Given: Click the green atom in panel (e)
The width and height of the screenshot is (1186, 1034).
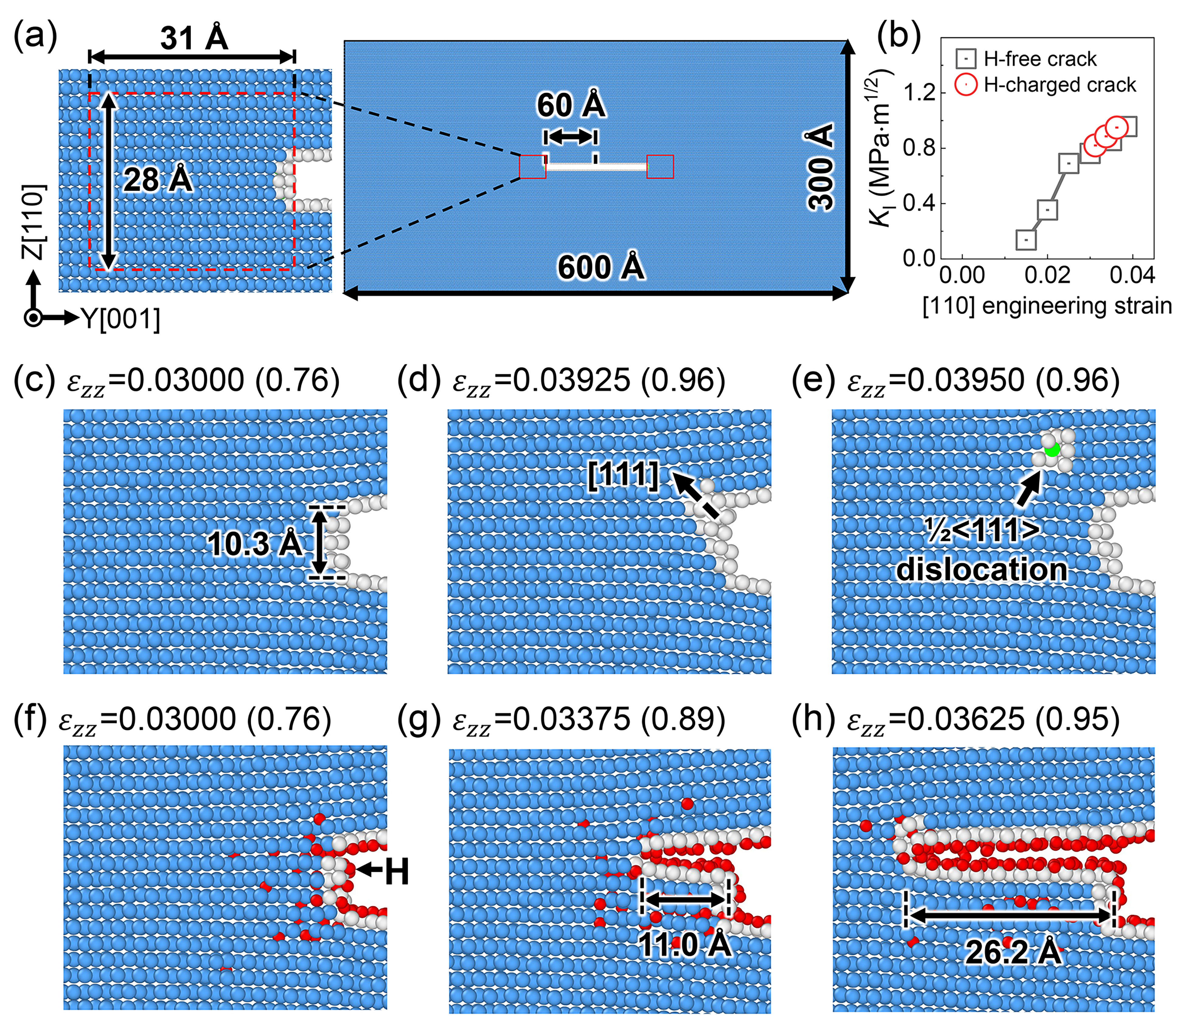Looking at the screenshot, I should click(x=1052, y=450).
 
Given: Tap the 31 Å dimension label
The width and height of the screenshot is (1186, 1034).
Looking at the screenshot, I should click(x=194, y=38).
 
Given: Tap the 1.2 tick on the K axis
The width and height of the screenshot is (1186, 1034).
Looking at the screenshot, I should click(x=919, y=92).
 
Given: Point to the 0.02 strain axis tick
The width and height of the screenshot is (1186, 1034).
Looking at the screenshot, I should click(x=1047, y=275).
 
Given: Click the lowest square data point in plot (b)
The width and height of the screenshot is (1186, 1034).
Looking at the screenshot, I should click(x=1026, y=240).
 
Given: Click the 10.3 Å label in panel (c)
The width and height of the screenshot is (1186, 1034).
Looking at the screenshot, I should click(x=254, y=544).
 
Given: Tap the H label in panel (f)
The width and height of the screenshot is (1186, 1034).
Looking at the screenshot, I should click(x=397, y=871).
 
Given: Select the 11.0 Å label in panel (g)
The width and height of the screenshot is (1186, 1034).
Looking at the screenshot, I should click(x=685, y=945).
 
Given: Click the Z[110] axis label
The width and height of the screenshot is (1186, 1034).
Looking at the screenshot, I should click(x=33, y=222).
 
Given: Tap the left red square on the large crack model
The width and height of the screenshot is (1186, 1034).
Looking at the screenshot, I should click(x=532, y=167).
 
